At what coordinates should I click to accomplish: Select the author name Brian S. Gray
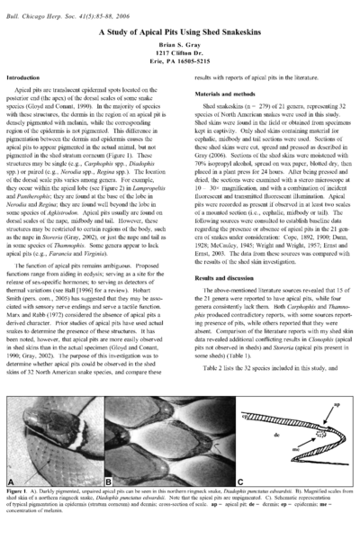click(x=180, y=45)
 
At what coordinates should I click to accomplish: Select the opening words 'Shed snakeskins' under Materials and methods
click(x=226, y=105)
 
